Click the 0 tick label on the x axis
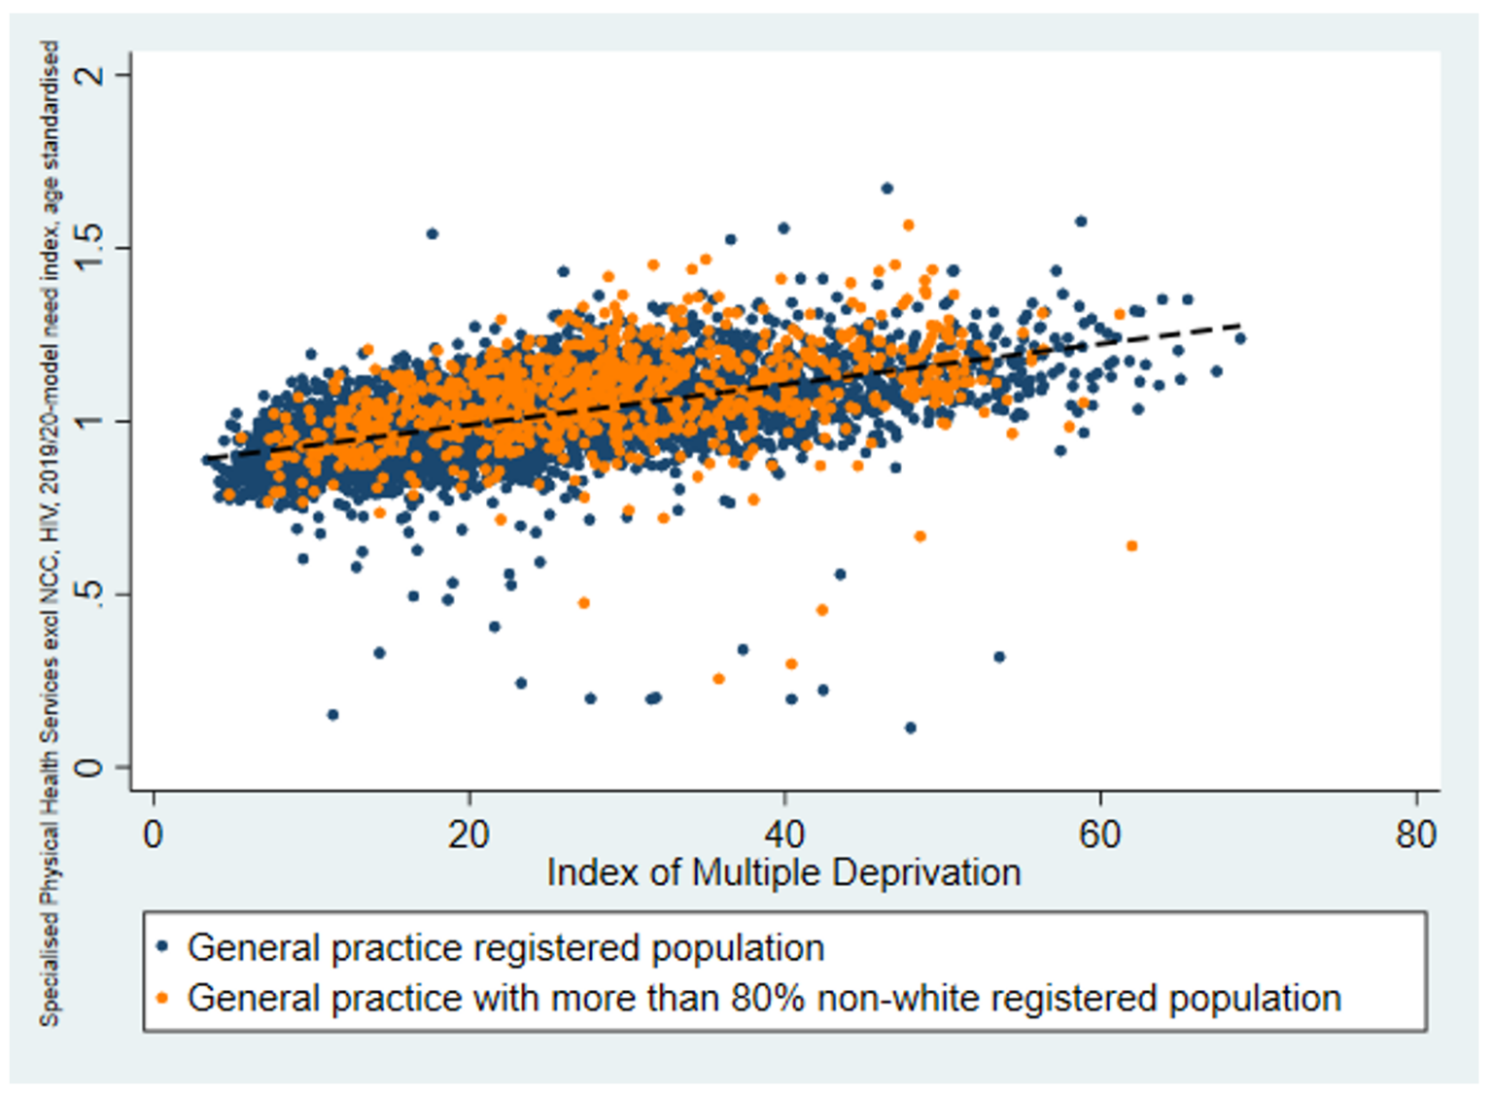coord(153,834)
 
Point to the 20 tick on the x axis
coord(469,834)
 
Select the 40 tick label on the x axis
coord(784,834)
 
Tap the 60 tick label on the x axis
coord(1100,834)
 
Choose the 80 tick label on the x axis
coord(1415,834)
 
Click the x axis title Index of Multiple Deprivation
coord(783,872)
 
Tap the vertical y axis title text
coord(50,533)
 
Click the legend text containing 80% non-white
coord(764,998)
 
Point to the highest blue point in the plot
coord(886,189)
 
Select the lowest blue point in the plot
coord(910,727)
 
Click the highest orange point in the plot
coord(909,225)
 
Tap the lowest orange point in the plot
coord(718,679)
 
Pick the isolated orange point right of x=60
coord(1131,547)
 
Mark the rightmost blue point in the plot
coord(1239,338)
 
